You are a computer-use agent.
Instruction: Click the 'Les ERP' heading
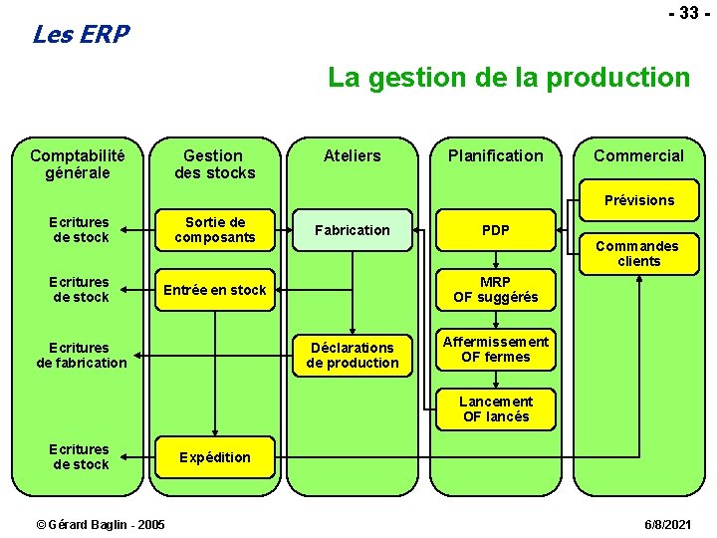(81, 35)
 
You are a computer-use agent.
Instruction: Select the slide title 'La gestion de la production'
(509, 77)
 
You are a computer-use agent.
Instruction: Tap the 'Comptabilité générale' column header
(78, 163)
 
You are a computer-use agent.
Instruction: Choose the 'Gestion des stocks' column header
(214, 163)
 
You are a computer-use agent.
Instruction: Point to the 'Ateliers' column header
(353, 155)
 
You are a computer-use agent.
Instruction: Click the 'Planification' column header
(495, 155)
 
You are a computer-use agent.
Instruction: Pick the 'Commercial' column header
(638, 155)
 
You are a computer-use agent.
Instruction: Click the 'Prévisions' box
(638, 200)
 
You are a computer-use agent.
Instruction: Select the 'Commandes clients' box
(637, 253)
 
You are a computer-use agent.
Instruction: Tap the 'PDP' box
(495, 230)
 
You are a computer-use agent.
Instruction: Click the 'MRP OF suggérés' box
(495, 290)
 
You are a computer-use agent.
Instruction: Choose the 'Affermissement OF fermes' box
(495, 349)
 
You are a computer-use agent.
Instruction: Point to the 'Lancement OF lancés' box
(495, 408)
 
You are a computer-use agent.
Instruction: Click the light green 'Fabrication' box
(353, 230)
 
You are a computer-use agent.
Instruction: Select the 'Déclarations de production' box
(353, 355)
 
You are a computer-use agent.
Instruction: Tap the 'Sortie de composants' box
(214, 230)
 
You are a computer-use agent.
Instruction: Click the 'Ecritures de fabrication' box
(82, 355)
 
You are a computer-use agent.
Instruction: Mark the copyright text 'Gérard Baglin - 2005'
(101, 524)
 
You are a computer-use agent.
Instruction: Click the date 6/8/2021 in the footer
(669, 524)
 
